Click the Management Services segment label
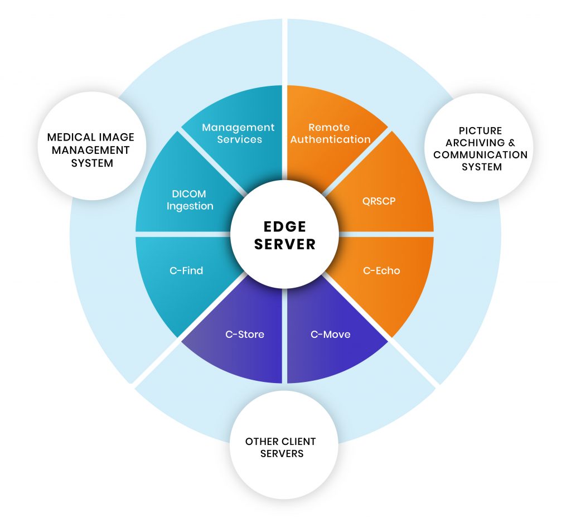click(x=239, y=133)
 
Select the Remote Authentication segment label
click(x=330, y=133)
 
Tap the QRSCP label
click(x=379, y=201)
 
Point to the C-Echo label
click(x=381, y=270)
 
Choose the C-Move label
click(x=330, y=335)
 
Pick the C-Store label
click(x=245, y=335)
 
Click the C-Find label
click(x=186, y=270)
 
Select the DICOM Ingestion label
click(x=190, y=200)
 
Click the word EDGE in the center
click(x=285, y=226)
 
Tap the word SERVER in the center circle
click(x=285, y=244)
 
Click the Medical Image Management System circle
click(x=92, y=146)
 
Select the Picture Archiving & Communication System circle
click(x=479, y=148)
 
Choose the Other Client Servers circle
click(x=284, y=445)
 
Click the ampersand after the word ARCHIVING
click(x=512, y=143)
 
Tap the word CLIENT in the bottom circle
click(x=297, y=442)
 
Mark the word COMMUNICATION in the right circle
click(x=480, y=155)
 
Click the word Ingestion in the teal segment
click(x=190, y=206)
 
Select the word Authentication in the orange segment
click(x=330, y=139)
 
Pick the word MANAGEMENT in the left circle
click(x=91, y=150)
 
